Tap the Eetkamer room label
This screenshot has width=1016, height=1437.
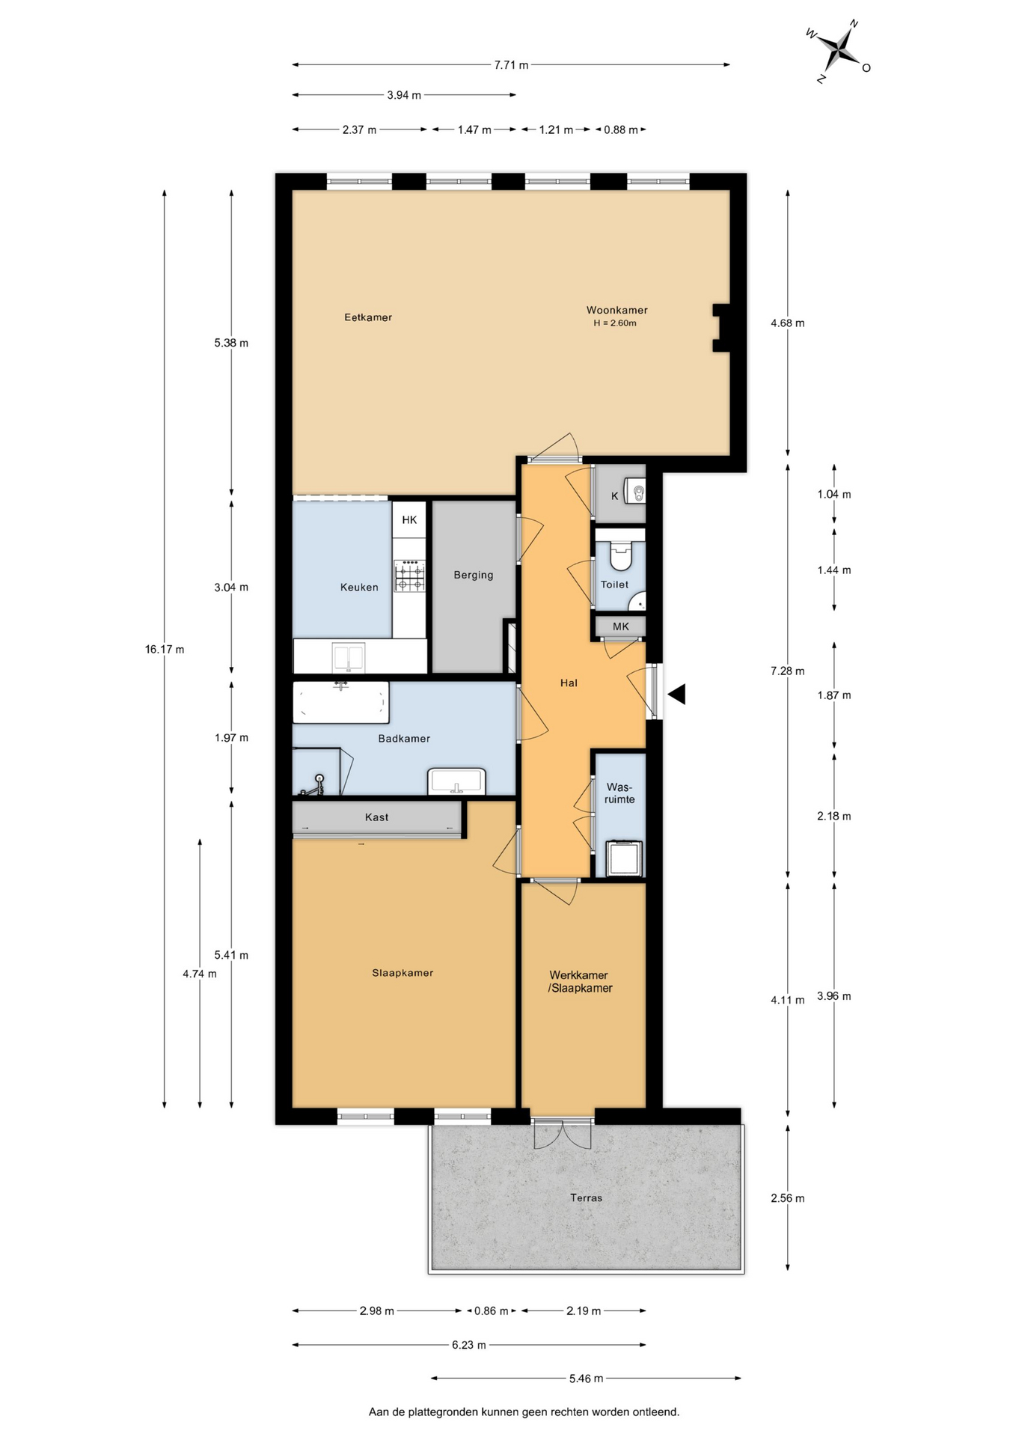click(368, 317)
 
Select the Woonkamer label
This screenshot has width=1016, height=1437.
click(616, 310)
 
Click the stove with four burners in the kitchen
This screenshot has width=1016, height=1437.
click(410, 576)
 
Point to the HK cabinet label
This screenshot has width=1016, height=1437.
click(409, 519)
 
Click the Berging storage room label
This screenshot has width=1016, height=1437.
click(474, 575)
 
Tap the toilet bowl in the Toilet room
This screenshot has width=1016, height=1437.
click(621, 555)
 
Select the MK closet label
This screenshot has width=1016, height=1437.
click(621, 626)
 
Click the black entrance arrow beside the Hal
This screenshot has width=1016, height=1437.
click(676, 695)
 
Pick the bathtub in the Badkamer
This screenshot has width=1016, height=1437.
click(341, 702)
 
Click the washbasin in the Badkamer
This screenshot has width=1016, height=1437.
click(456, 781)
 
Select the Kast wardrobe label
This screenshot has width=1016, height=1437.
click(377, 817)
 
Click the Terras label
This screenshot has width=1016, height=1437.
click(586, 1197)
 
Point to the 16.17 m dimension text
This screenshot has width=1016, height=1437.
click(165, 649)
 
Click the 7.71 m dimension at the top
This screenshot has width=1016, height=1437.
click(511, 65)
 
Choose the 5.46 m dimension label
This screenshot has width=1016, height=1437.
click(586, 1378)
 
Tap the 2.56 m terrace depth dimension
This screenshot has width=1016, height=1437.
click(788, 1197)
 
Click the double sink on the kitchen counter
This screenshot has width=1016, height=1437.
click(349, 658)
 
